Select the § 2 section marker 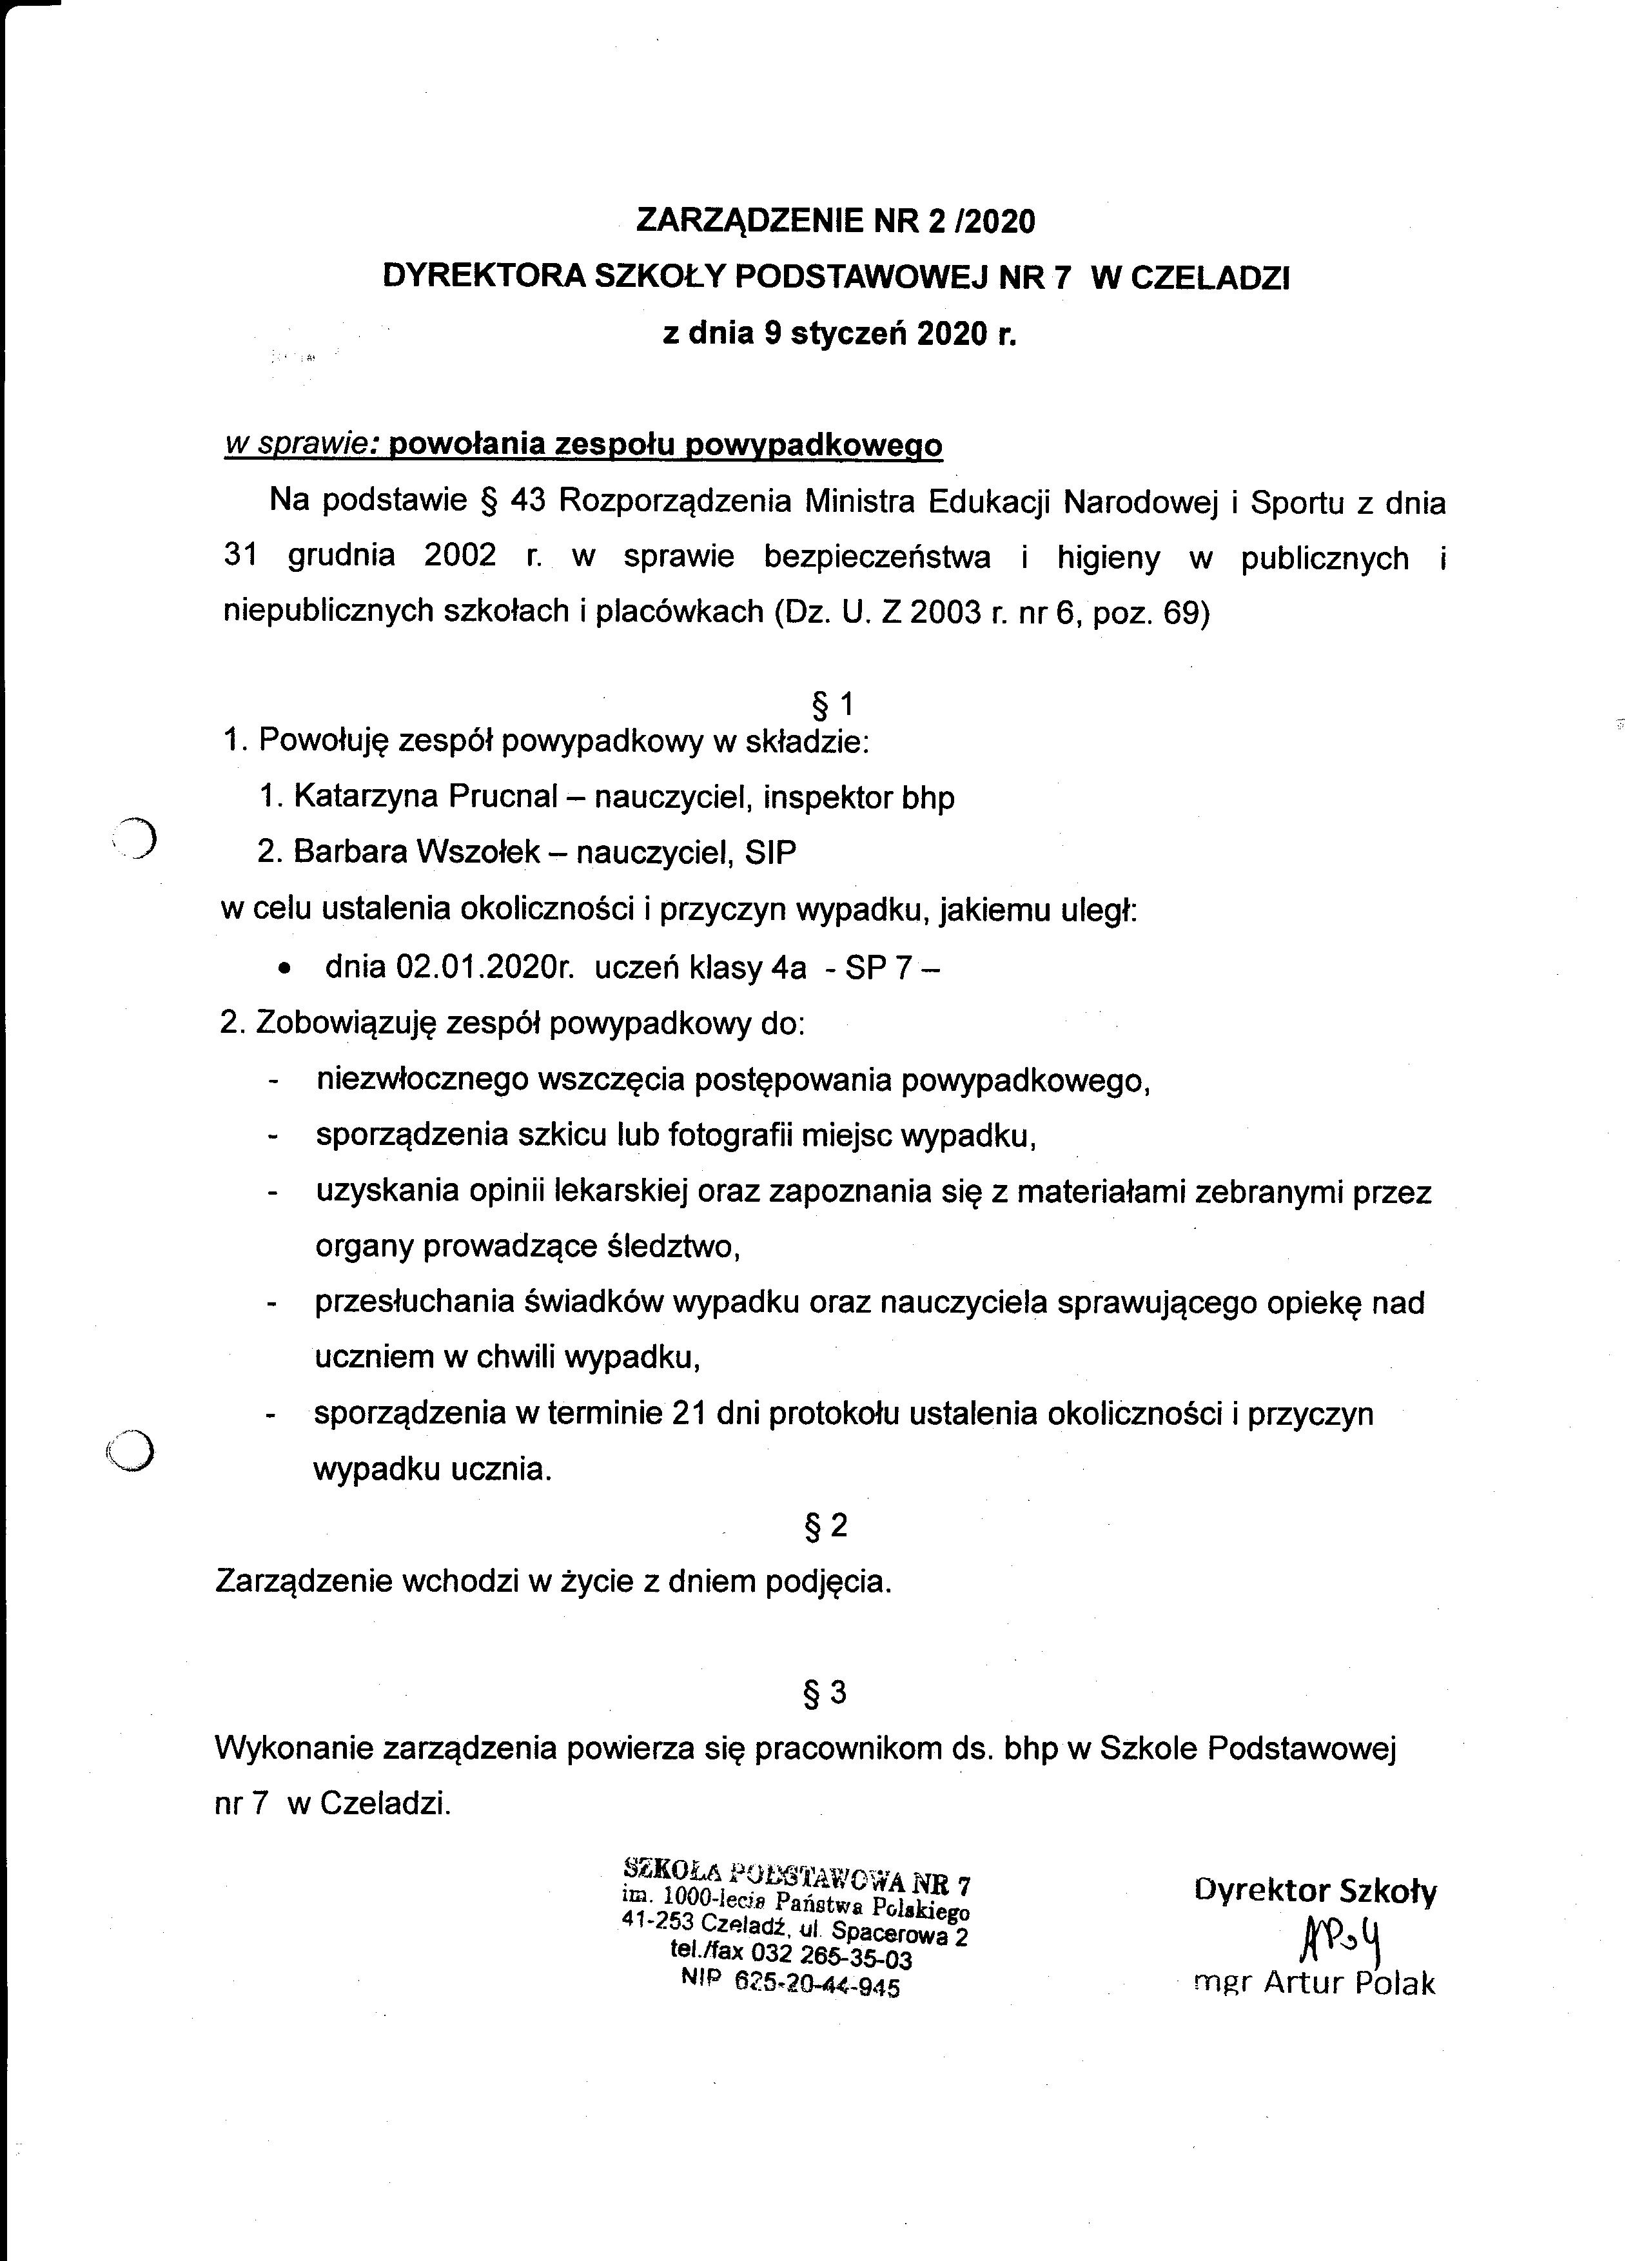point(827,1525)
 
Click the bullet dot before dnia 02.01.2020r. point(286,968)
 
